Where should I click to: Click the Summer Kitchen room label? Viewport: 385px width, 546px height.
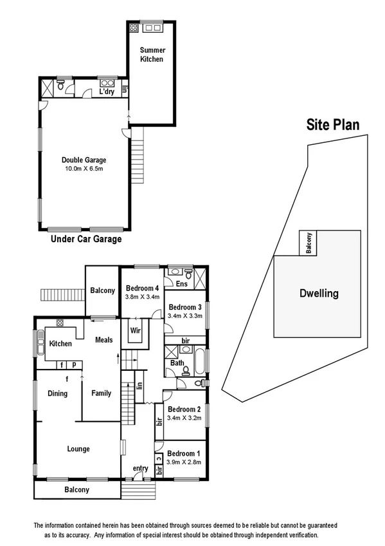point(153,55)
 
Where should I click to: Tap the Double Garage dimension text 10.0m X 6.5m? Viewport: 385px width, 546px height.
point(84,169)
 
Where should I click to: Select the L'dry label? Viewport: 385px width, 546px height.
point(107,92)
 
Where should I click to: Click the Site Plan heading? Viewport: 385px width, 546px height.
point(332,124)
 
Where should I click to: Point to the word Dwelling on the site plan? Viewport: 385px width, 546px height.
point(319,294)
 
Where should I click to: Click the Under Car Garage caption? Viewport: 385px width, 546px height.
point(85,239)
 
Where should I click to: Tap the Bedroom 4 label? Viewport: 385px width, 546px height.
point(142,288)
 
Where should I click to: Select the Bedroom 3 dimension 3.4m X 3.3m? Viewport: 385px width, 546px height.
point(185,316)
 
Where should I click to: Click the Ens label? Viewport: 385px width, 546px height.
point(181,284)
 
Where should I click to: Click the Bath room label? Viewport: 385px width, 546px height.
point(177,363)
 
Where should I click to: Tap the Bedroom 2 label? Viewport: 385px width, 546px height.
point(184,409)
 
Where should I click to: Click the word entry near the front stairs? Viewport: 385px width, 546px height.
point(139,468)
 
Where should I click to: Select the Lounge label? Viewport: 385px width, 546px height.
point(78,449)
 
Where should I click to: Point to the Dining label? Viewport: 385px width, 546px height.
point(57,393)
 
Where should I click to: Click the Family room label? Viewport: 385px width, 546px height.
point(101,393)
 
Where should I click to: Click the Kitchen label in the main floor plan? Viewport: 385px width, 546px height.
point(61,344)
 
